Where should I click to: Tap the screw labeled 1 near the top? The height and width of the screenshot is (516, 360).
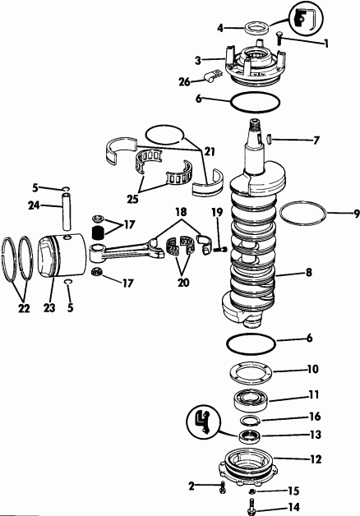[x=279, y=36]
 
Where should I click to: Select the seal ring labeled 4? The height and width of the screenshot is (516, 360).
[x=251, y=27]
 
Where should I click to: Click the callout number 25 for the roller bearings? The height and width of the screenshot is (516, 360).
[x=130, y=197]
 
